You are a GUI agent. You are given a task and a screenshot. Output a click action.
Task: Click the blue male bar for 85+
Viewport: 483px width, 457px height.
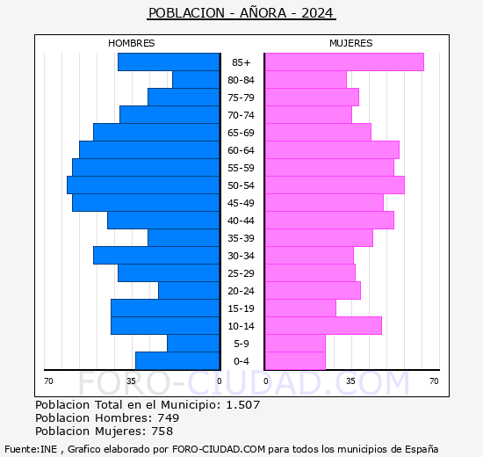[168, 62]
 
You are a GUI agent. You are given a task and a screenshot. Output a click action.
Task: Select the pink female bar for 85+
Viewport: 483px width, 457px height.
[343, 62]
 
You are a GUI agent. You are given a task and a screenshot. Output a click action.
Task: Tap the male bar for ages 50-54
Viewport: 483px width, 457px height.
[143, 185]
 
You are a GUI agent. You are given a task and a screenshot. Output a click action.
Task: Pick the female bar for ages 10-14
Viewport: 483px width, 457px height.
[322, 326]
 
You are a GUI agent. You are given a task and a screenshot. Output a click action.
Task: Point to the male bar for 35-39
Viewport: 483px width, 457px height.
[184, 238]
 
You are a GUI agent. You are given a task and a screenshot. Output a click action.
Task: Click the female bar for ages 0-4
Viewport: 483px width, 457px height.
[294, 361]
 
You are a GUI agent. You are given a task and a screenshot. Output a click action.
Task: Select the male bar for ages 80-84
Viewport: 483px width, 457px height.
[196, 80]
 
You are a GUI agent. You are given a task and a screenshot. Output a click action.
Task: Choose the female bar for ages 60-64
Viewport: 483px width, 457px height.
[331, 150]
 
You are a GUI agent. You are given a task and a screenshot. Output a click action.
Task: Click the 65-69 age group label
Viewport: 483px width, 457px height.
[241, 133]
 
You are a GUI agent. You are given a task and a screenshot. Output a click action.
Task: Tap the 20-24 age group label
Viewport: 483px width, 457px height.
[241, 291]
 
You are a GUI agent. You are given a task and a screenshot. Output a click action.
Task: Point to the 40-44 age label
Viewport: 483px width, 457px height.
[241, 221]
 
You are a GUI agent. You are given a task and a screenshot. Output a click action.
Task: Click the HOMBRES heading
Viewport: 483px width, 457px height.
[132, 43]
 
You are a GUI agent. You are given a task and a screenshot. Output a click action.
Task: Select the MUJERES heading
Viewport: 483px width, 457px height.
[350, 43]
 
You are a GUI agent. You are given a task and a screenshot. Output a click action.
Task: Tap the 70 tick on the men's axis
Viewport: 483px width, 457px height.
[49, 381]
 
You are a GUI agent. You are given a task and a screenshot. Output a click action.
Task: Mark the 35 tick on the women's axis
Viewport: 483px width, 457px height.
[350, 381]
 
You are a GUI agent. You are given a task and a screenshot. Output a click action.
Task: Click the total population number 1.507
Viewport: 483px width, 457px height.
[242, 404]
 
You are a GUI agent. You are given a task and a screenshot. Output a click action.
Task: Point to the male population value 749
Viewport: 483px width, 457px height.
[168, 417]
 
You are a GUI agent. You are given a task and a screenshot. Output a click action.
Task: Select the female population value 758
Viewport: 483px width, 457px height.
[162, 431]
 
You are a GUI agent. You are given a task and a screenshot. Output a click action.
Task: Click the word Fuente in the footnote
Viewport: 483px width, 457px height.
[20, 448]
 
